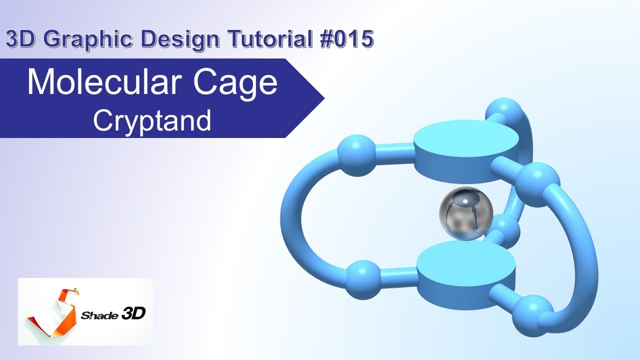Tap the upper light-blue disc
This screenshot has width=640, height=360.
[x=465, y=142]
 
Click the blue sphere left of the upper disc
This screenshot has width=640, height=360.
[x=356, y=154]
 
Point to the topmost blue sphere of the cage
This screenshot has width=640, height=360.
[x=504, y=113]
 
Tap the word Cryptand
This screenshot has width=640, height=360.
[x=152, y=120]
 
